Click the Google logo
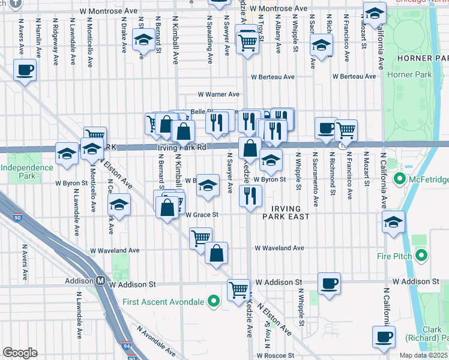coord(20,353)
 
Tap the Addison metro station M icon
coord(101,281)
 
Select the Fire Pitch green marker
coord(421,256)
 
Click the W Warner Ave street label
coord(219,94)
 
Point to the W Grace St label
coord(201,215)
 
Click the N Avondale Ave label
coord(157,340)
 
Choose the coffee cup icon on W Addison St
coord(328,283)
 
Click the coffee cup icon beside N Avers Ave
coord(25,70)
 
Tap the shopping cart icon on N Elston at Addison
coord(239,290)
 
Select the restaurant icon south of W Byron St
coord(250,196)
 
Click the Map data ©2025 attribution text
coord(424,355)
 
